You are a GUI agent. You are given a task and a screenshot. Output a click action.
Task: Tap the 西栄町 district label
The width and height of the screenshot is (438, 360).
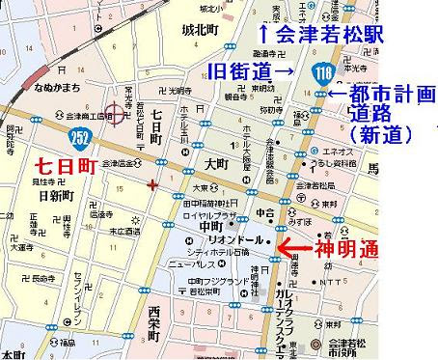pos(152,325)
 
